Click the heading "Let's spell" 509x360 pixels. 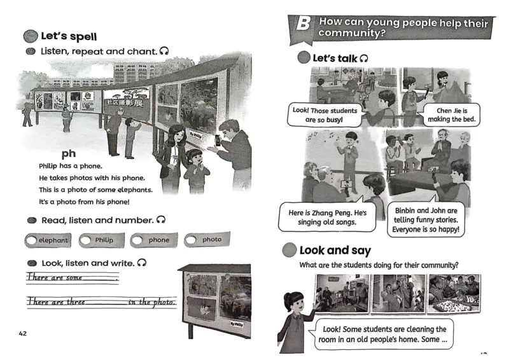[x=69, y=36]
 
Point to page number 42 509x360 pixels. [x=24, y=333]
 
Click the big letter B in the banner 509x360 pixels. [x=303, y=26]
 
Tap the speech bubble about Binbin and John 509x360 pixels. [x=426, y=219]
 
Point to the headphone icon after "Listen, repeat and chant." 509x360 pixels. [x=164, y=50]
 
